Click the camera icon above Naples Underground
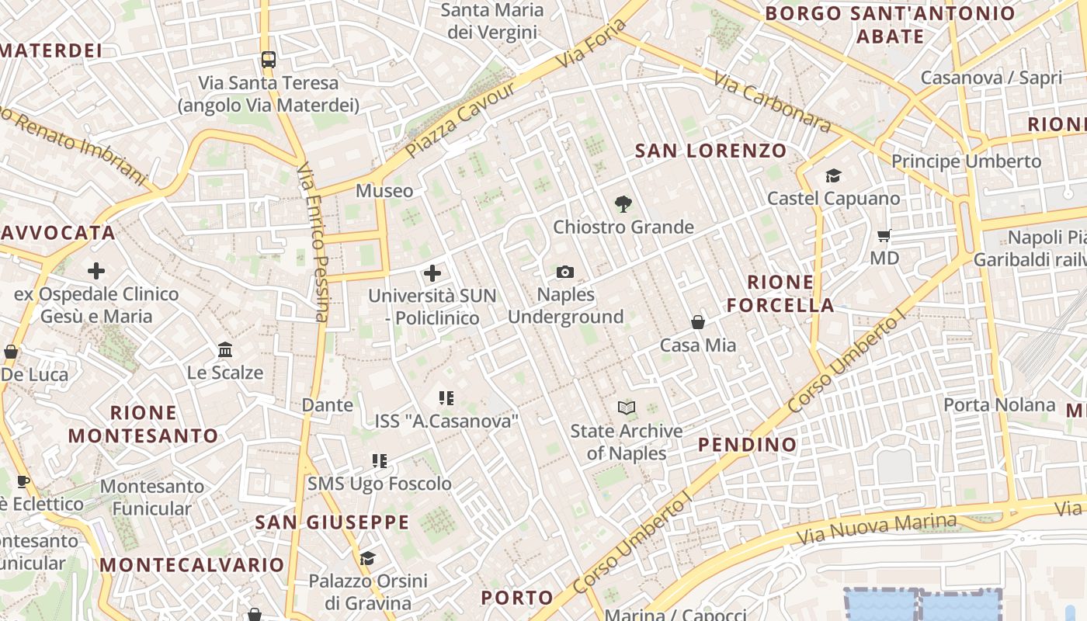[565, 272]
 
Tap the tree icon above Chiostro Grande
[623, 204]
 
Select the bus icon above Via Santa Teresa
[269, 60]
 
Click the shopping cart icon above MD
[884, 235]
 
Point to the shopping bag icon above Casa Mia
[698, 322]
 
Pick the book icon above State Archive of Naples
[627, 408]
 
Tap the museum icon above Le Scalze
[225, 349]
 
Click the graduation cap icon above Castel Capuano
[833, 176]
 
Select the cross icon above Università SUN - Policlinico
[432, 273]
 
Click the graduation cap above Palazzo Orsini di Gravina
[368, 558]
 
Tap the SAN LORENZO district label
[710, 151]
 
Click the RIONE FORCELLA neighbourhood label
[780, 293]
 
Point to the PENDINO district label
[747, 445]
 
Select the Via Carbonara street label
[772, 102]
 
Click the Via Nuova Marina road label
[877, 529]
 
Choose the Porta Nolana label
[999, 404]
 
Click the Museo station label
[384, 191]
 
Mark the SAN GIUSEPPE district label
[332, 522]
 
